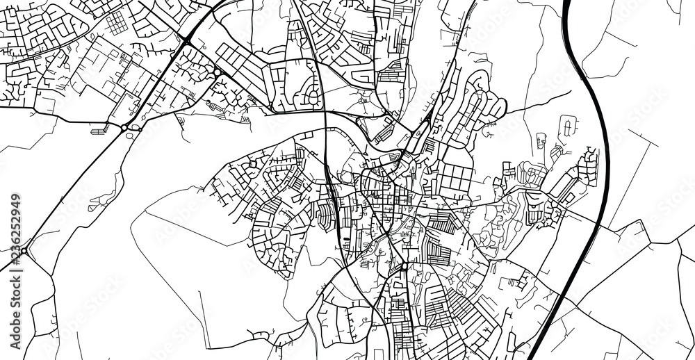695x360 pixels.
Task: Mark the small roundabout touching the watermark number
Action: [x=24, y=251]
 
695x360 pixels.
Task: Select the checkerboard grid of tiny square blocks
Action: [x=117, y=22]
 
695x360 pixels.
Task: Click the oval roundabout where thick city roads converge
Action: [x=404, y=266]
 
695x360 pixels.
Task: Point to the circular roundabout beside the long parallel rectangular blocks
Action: [x=218, y=72]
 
